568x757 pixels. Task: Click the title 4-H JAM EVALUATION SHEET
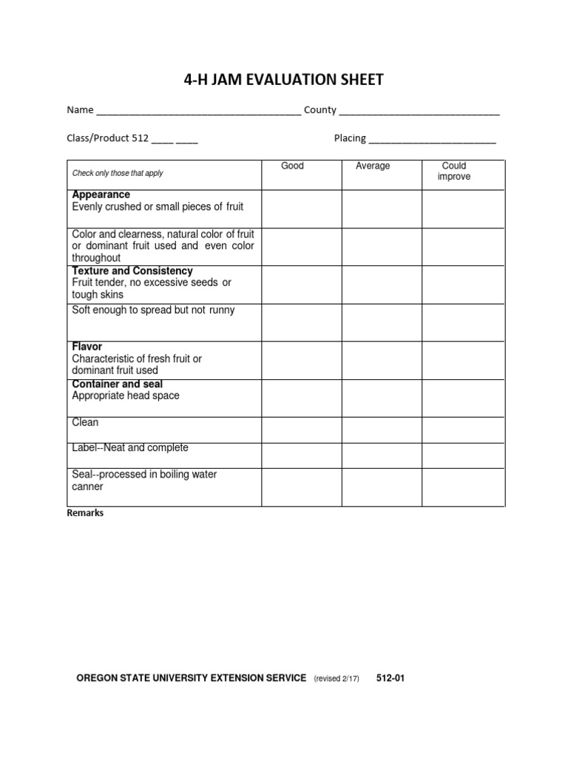click(x=284, y=80)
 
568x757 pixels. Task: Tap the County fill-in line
click(x=419, y=112)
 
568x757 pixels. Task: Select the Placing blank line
click(x=432, y=140)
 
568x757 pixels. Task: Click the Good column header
click(x=293, y=166)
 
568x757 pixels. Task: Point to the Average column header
click(x=373, y=166)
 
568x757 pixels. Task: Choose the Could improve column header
click(x=454, y=172)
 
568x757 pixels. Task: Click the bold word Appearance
click(x=101, y=194)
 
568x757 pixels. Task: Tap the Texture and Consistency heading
click(x=132, y=271)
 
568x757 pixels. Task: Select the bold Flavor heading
click(x=87, y=347)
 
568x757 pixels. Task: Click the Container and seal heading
click(x=118, y=384)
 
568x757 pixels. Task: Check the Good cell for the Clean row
click(x=302, y=430)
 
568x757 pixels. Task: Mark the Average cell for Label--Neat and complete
click(x=382, y=455)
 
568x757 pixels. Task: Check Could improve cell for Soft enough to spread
click(x=463, y=322)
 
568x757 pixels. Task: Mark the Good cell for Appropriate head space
click(x=302, y=398)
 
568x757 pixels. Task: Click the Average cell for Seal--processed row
click(x=382, y=486)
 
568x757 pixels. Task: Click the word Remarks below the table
click(x=86, y=513)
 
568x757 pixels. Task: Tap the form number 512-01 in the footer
click(x=390, y=678)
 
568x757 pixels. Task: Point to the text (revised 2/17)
click(x=337, y=679)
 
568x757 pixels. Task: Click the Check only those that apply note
click(x=118, y=173)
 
